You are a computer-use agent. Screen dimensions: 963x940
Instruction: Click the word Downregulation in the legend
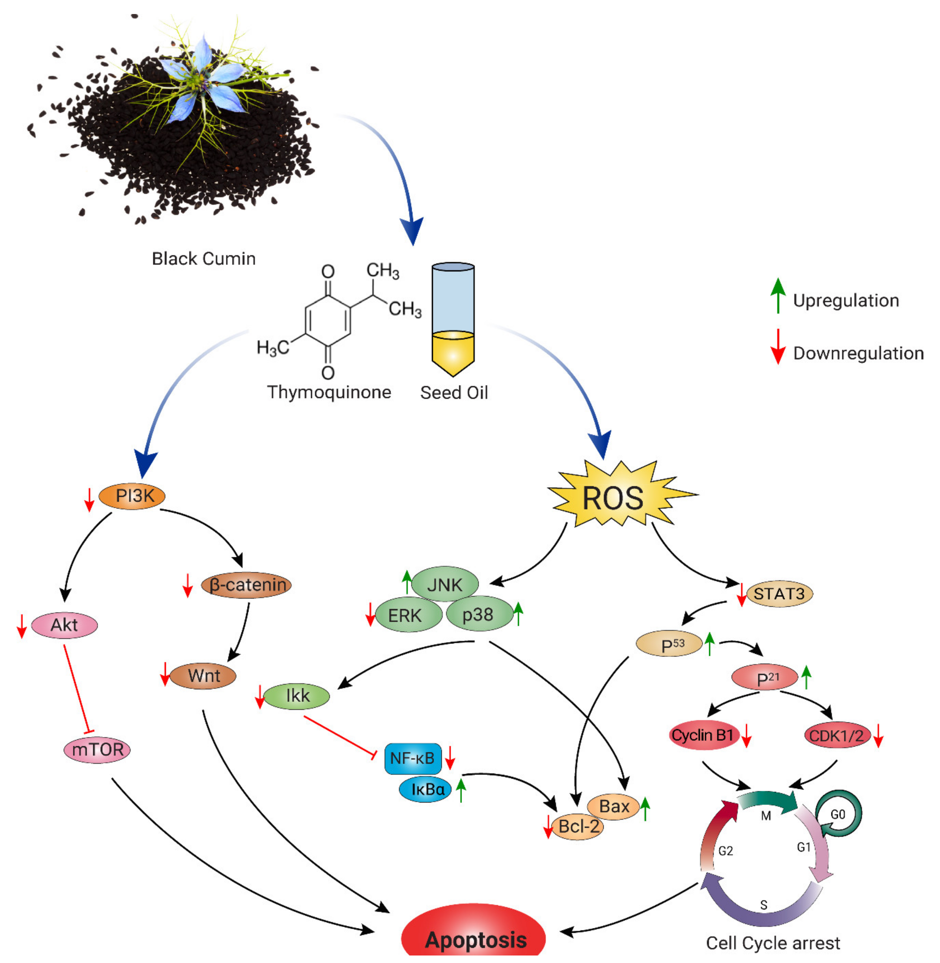[858, 353]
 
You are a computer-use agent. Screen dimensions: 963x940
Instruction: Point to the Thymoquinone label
[329, 392]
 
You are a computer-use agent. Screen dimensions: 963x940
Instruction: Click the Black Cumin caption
[203, 259]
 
